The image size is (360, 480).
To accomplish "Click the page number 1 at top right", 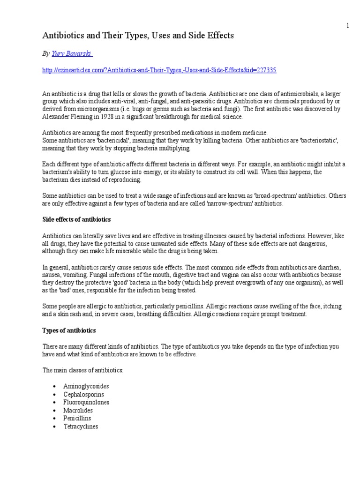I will (x=347, y=26).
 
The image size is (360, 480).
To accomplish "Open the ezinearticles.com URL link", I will (x=159, y=70).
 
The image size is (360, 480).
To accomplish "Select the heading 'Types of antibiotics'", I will (x=69, y=331).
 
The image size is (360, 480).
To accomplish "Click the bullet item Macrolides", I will (x=78, y=411).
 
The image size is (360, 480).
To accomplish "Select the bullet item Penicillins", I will (x=78, y=419).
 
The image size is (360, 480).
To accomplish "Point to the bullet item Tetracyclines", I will (x=81, y=427).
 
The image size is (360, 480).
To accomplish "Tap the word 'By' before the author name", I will (x=46, y=54).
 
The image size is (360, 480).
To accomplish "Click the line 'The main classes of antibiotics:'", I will (x=83, y=370).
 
